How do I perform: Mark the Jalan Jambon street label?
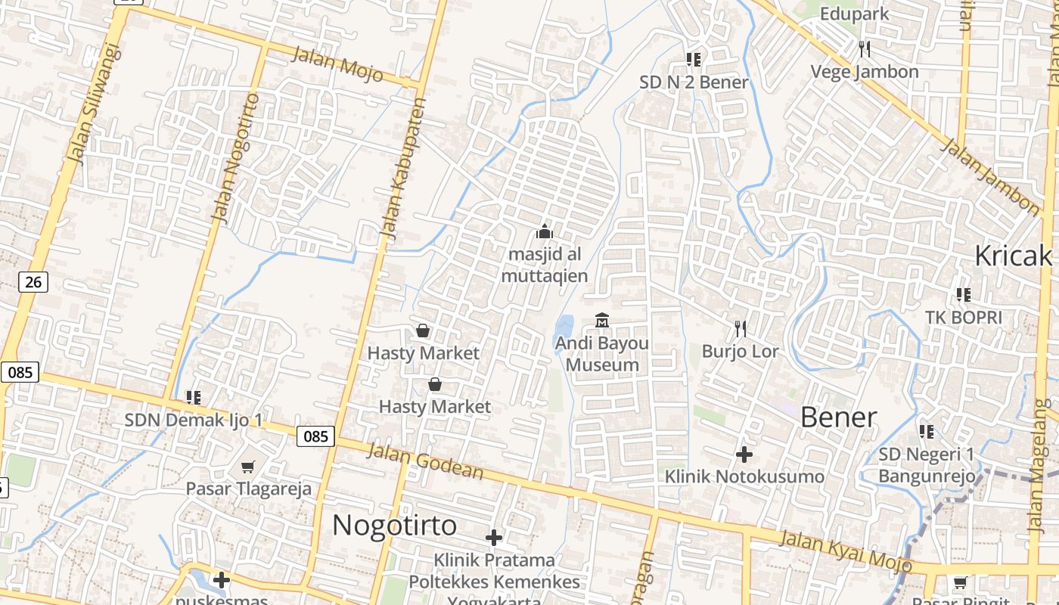tap(990, 176)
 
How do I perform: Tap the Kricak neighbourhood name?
tap(1013, 256)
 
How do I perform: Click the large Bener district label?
tap(838, 417)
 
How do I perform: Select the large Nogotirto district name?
tap(395, 525)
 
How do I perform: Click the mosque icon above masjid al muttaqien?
tap(545, 231)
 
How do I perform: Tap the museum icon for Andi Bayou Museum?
tap(602, 321)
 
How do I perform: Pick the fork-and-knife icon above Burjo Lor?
tap(741, 328)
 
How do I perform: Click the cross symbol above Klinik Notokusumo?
tap(744, 455)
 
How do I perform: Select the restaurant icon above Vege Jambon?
tap(865, 49)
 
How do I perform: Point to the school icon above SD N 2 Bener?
tap(694, 59)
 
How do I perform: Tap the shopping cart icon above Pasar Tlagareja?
tap(248, 467)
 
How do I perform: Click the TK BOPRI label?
tap(963, 318)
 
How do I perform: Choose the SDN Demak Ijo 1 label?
tap(194, 420)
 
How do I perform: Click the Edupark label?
tap(855, 14)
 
